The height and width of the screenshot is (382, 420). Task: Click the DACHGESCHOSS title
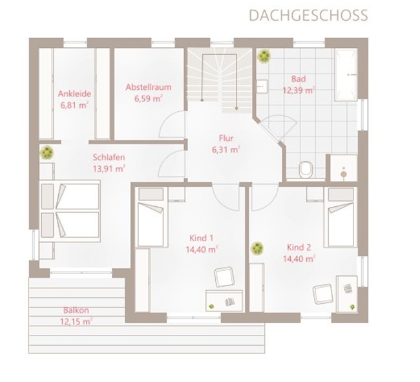tap(308, 16)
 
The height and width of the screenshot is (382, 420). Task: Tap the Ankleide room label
tap(74, 94)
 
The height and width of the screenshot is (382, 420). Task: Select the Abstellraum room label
tap(149, 87)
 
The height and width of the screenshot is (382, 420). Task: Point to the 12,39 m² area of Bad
tap(299, 90)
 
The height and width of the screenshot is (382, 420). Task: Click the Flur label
tap(226, 138)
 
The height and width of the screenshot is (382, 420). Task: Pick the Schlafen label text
tap(109, 157)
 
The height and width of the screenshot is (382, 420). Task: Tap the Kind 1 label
tap(202, 238)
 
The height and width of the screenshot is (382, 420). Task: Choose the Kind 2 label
tap(299, 248)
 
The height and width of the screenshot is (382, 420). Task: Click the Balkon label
tap(76, 310)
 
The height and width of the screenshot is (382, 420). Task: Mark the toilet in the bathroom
tap(306, 169)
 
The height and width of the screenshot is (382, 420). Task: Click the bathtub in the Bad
tap(346, 74)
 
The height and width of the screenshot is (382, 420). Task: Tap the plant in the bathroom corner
tap(264, 56)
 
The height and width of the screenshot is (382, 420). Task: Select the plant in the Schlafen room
tap(47, 153)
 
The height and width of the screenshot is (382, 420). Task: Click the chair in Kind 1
tap(224, 277)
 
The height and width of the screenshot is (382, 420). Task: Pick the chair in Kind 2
tap(323, 294)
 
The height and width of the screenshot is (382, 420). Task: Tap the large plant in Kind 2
tap(257, 248)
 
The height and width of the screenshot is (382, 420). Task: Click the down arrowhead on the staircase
tap(236, 109)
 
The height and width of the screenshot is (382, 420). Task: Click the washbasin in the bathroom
tap(262, 86)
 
